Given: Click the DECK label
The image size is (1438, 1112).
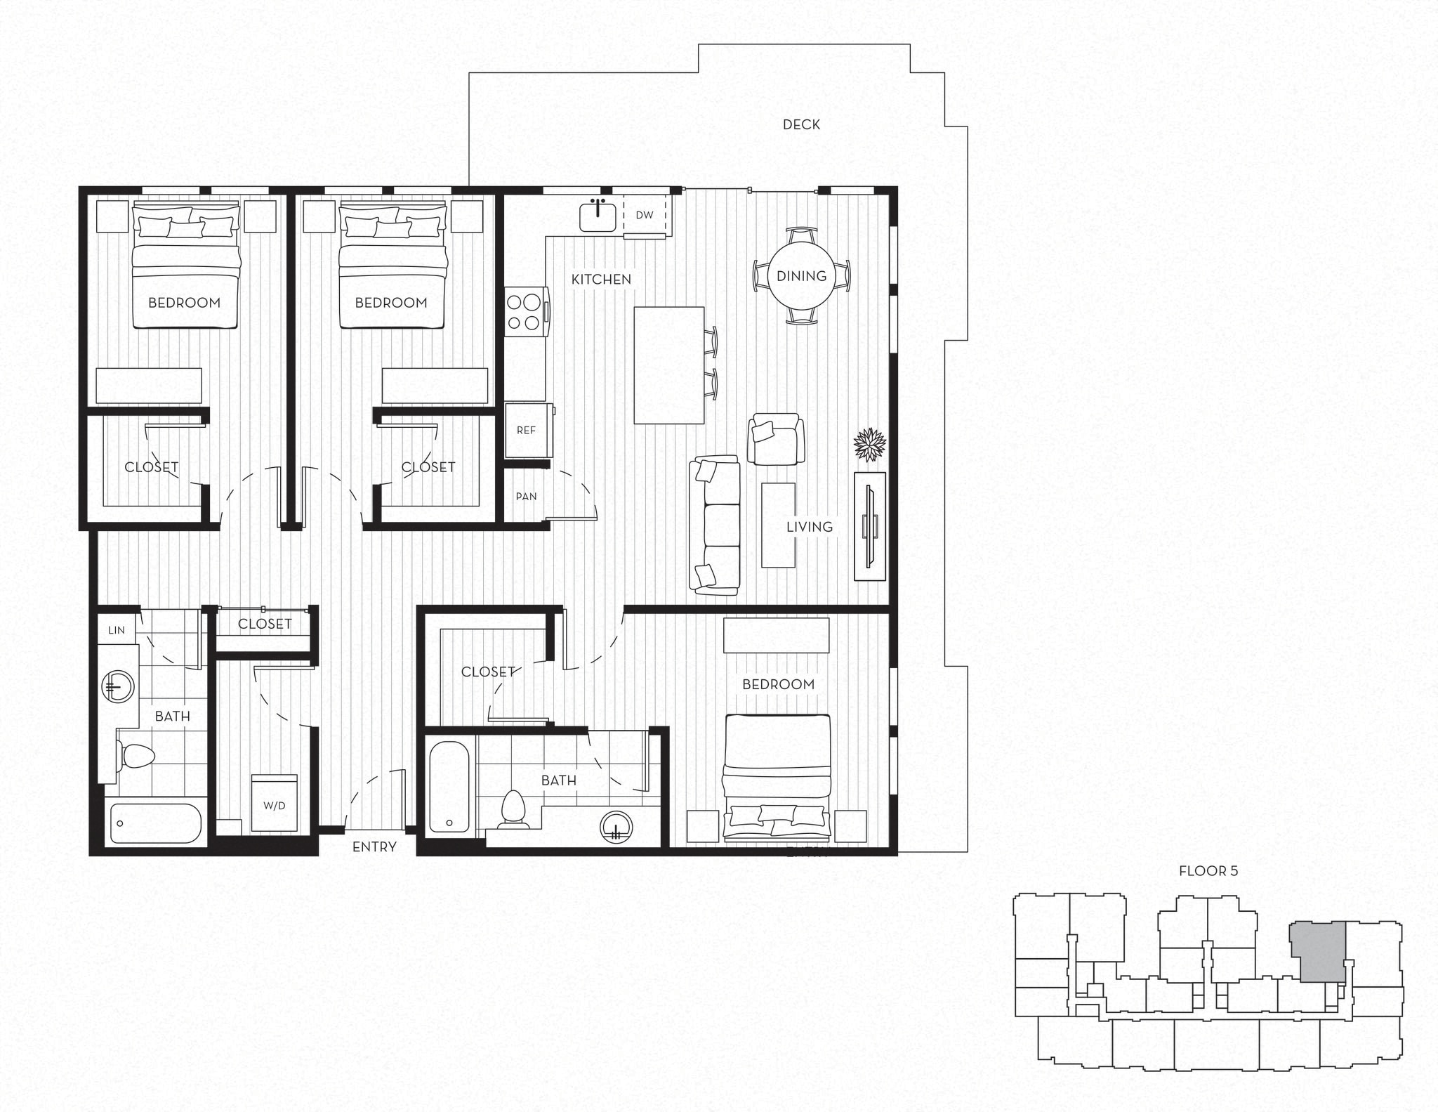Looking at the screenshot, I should click(801, 124).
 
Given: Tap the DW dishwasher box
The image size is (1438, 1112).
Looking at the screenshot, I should click(644, 215).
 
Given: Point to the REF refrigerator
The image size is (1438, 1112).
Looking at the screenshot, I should click(526, 430).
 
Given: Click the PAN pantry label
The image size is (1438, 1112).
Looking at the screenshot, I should click(526, 496).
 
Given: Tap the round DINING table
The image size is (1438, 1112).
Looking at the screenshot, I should click(801, 275).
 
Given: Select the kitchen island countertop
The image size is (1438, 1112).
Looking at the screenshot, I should click(668, 365).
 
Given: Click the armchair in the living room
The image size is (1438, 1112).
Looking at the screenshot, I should click(775, 439).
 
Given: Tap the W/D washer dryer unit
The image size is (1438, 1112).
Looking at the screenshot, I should click(275, 805).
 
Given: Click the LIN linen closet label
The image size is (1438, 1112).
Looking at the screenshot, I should click(117, 630).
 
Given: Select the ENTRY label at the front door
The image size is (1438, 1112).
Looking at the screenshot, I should click(374, 847).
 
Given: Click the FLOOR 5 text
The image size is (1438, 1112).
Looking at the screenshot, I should click(1208, 871).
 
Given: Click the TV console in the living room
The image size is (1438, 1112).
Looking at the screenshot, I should click(869, 526).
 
